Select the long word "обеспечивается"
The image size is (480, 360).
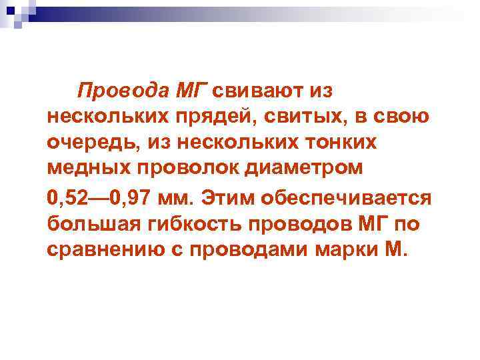coord(347,199)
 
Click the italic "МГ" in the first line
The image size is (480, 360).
coord(192,91)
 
